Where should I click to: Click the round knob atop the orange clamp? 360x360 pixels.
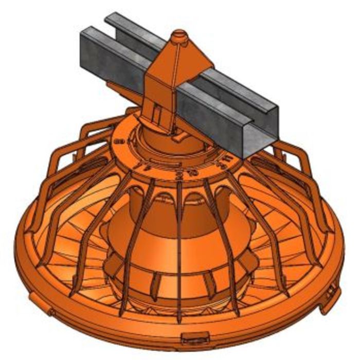pyautogui.click(x=179, y=35)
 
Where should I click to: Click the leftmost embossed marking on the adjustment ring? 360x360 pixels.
pyautogui.click(x=119, y=140)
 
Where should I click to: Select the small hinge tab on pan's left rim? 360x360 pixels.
pyautogui.click(x=50, y=312)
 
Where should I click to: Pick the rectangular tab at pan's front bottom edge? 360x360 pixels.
pyautogui.click(x=195, y=337)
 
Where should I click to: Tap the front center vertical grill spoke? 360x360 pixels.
pyautogui.click(x=178, y=257)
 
